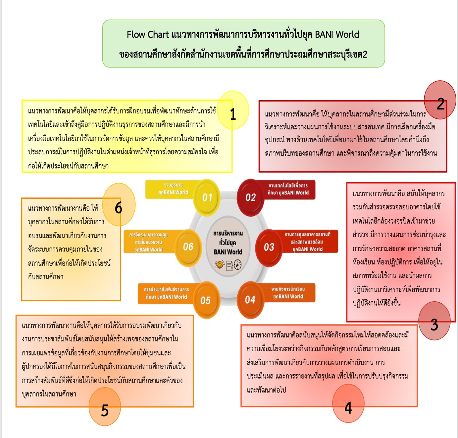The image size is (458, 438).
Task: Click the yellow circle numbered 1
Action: pyautogui.click(x=233, y=110)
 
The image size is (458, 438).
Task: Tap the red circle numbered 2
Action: pyautogui.click(x=440, y=100)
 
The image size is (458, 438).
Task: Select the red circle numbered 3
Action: pyautogui.click(x=434, y=321)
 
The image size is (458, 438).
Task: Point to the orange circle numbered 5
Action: pyautogui.click(x=105, y=407)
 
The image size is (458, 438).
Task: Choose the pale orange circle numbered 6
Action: pyautogui.click(x=119, y=204)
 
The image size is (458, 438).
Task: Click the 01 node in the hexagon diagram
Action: pyautogui.click(x=207, y=197)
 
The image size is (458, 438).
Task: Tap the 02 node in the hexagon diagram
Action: pyautogui.click(x=251, y=197)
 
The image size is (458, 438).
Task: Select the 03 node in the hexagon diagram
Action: pyautogui.click(x=269, y=247)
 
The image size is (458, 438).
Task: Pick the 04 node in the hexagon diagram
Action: pyautogui.click(x=250, y=300)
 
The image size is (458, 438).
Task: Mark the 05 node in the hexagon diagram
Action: pyautogui.click(x=206, y=300)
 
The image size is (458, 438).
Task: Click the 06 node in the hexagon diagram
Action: pyautogui.click(x=188, y=247)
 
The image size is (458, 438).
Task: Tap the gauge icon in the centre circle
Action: pyautogui.click(x=238, y=265)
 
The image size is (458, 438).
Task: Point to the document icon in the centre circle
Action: pyautogui.click(x=229, y=266)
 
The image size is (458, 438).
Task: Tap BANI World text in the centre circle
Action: pyautogui.click(x=228, y=252)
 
